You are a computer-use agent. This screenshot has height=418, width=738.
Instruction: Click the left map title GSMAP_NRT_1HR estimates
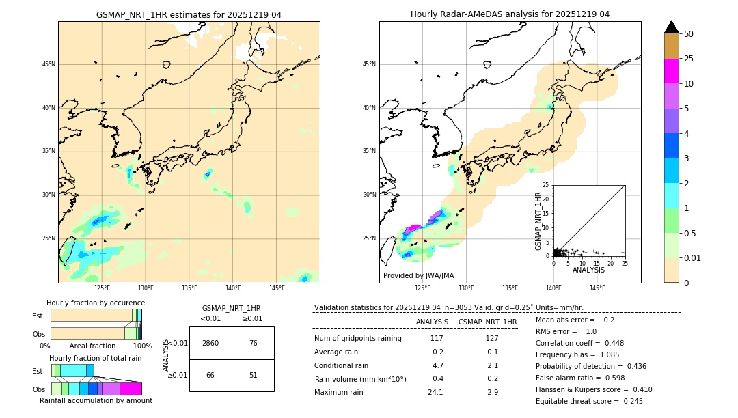click(189, 14)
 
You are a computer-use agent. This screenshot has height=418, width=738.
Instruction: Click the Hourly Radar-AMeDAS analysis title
click(510, 14)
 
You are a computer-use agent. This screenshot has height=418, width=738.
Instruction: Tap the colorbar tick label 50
click(689, 34)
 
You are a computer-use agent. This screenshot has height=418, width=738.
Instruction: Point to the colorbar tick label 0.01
click(692, 257)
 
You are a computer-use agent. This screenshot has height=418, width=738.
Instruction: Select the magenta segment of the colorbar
click(671, 71)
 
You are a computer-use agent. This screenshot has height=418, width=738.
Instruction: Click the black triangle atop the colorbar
click(671, 27)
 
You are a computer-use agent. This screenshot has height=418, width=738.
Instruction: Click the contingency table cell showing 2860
click(210, 343)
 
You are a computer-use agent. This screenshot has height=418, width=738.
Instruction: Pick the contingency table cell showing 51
click(253, 375)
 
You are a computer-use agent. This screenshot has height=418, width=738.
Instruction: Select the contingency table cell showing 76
click(253, 343)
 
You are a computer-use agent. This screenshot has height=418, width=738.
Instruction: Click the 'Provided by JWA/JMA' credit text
click(418, 275)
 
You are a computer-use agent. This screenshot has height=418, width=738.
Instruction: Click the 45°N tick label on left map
click(49, 64)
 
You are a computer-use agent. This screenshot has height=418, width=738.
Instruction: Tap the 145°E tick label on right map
click(597, 288)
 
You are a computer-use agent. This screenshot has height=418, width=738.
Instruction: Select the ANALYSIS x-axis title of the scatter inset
click(588, 270)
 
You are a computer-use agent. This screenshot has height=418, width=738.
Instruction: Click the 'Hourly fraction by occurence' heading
click(96, 303)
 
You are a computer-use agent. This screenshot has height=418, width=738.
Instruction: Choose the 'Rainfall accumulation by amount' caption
click(96, 400)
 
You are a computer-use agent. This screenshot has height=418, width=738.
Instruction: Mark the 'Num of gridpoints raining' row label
click(357, 338)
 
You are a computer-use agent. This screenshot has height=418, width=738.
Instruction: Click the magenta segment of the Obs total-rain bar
click(131, 389)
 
